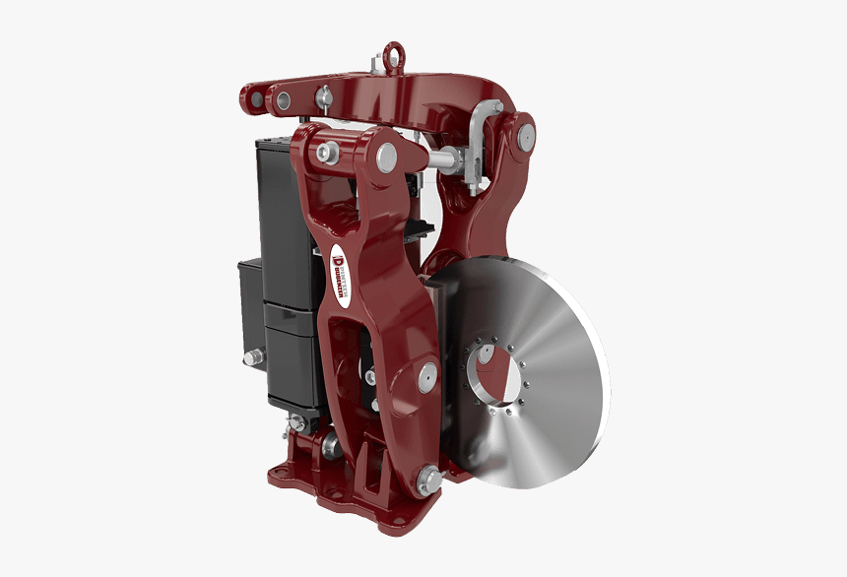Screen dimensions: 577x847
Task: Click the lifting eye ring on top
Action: tap(393, 53)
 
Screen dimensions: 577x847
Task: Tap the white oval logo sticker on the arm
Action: tap(340, 266)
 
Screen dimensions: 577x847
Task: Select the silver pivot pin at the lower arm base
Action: tap(429, 481)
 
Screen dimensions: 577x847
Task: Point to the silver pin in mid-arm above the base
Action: tap(427, 374)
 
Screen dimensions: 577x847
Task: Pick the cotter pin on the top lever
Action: tap(321, 97)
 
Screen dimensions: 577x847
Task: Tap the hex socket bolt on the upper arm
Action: tap(328, 152)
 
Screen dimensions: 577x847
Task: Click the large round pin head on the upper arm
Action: tap(386, 154)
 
